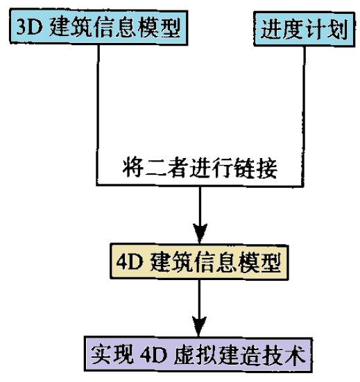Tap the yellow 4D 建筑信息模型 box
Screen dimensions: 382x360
199,263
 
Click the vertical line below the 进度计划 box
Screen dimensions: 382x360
302,104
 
